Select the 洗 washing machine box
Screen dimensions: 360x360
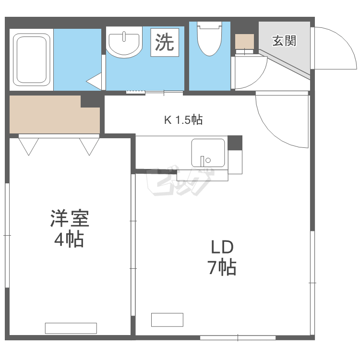point(164,42)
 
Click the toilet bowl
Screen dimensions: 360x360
point(209,39)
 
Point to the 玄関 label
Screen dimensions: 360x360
point(284,41)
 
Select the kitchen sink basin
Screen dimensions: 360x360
point(208,153)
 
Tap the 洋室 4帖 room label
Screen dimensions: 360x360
point(69,228)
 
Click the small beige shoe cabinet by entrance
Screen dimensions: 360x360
point(244,42)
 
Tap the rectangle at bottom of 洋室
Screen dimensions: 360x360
point(71,328)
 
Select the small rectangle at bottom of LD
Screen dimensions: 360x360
point(167,319)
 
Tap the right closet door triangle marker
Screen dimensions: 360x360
point(89,146)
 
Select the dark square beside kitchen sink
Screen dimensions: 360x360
point(235,143)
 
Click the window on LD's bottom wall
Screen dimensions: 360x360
point(238,338)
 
